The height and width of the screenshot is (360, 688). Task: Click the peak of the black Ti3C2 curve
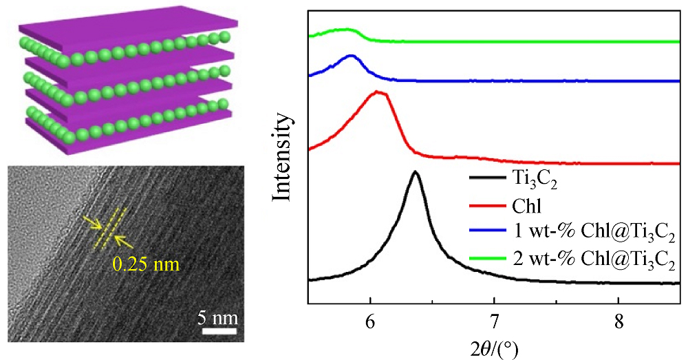tap(415, 172)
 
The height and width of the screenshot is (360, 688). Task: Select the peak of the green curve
tap(347, 30)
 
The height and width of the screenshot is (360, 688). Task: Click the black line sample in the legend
tap(488, 180)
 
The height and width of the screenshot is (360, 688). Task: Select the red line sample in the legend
tap(488, 205)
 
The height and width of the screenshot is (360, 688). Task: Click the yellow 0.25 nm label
tap(151, 262)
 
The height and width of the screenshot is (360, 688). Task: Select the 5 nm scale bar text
tap(219, 319)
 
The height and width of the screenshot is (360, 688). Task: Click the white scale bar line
tap(219, 332)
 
